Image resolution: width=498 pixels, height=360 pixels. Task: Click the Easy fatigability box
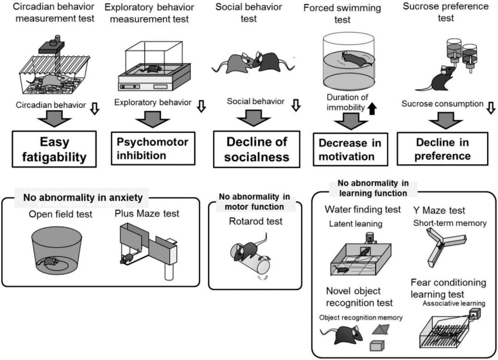[55, 149]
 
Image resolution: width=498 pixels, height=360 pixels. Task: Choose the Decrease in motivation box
[350, 150]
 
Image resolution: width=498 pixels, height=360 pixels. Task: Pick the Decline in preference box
[442, 149]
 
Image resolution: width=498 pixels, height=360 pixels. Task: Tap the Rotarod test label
[255, 221]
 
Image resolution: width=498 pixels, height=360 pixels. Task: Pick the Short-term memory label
[450, 223]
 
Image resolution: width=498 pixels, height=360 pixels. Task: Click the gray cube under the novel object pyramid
[378, 345]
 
